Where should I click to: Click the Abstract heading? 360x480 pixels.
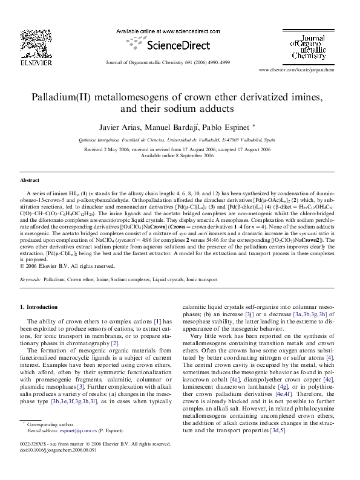coord(30,180)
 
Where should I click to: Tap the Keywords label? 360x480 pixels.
coord(31,281)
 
